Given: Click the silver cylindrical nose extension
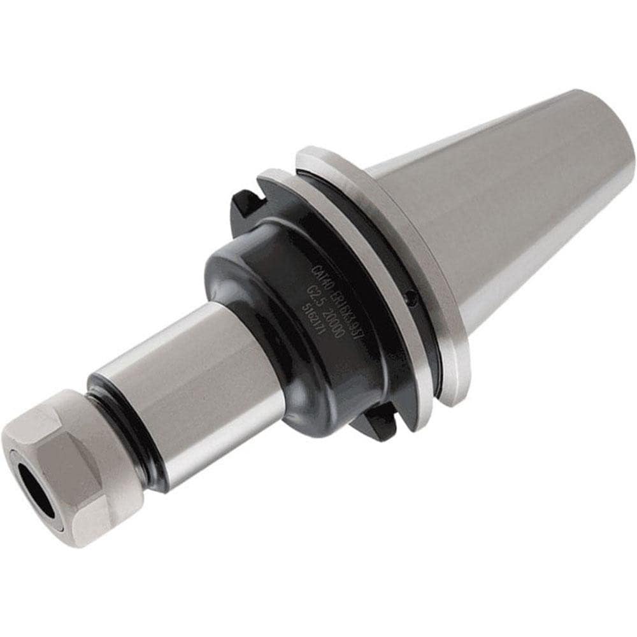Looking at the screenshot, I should click(191, 382).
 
